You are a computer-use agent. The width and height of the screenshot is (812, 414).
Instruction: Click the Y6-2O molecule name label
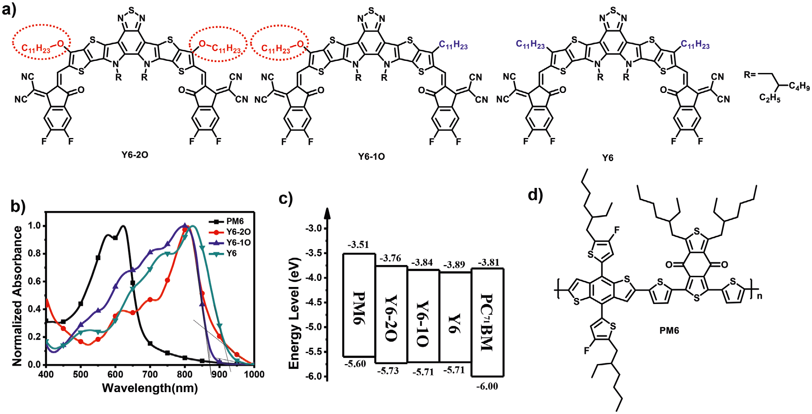click(135, 155)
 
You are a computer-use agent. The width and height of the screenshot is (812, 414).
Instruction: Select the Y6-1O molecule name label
click(371, 157)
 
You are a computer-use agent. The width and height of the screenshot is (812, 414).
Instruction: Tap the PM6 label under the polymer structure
click(669, 331)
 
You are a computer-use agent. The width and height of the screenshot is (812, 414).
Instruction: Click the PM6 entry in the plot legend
click(235, 221)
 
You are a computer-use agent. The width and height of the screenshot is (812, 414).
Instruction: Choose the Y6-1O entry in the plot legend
click(238, 243)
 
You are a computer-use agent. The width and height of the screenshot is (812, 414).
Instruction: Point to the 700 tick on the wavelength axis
click(150, 374)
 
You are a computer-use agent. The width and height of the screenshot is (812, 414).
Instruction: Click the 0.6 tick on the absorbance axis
click(34, 281)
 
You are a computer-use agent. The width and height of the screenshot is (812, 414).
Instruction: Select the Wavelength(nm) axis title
click(150, 388)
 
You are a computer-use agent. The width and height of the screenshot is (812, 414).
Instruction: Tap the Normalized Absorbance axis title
click(17, 296)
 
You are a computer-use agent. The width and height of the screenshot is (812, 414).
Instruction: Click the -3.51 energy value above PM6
click(358, 245)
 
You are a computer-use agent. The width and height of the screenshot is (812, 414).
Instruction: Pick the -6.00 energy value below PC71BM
click(487, 386)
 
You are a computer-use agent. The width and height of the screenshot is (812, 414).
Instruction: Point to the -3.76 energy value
click(390, 258)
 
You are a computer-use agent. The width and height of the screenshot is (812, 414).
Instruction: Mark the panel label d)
click(535, 195)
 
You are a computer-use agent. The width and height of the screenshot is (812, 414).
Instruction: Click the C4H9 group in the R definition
click(799, 86)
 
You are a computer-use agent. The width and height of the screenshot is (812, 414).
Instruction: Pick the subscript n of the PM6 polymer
click(759, 296)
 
